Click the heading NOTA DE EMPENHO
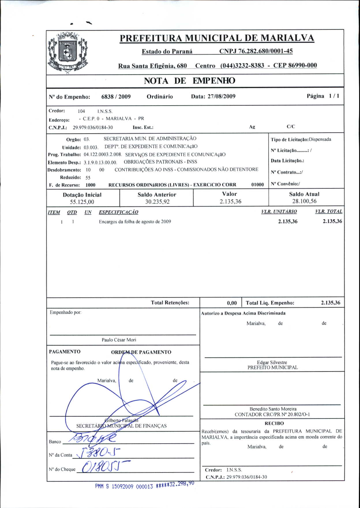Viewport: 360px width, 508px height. tap(190, 81)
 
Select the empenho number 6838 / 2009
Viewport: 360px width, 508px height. tap(116, 97)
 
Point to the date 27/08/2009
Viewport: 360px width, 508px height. tap(221, 96)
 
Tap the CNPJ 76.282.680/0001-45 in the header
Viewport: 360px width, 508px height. tap(256, 51)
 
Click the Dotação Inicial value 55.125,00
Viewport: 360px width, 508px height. tap(82, 202)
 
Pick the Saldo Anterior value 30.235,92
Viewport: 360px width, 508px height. tap(157, 202)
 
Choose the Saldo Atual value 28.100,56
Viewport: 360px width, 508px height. tap(304, 201)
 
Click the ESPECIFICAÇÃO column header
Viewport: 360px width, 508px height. tap(118, 212)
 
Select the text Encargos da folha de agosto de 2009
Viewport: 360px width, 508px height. tap(135, 222)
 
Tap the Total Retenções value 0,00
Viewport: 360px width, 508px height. tap(232, 303)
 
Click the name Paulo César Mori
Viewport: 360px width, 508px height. tap(119, 340)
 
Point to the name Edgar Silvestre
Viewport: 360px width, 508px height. tap(272, 362)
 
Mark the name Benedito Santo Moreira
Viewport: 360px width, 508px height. tap(273, 409)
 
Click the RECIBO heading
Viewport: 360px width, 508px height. tap(274, 423)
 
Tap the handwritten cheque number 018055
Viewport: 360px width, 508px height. tap(102, 466)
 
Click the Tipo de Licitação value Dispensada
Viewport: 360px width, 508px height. tap(320, 139)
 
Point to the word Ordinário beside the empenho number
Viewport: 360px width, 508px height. tap(160, 97)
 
